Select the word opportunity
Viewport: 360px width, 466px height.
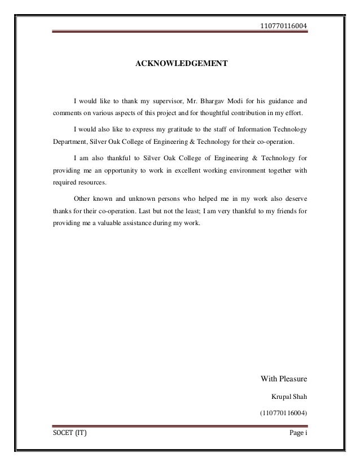tap(134, 170)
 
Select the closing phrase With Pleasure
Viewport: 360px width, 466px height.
tap(282, 377)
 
